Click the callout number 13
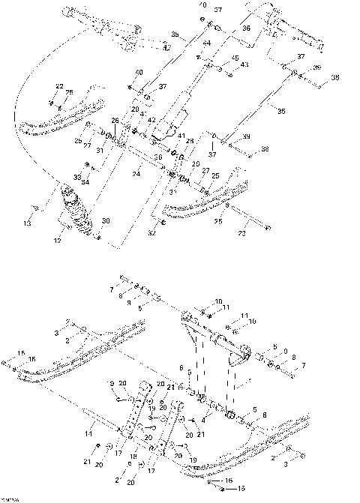(x=28, y=223)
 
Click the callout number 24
(x=136, y=174)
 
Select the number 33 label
(x=76, y=175)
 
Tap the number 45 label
(x=235, y=58)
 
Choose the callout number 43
(x=244, y=64)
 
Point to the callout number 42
(x=151, y=119)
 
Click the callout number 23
(x=241, y=234)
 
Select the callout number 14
(x=89, y=433)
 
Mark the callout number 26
(x=115, y=119)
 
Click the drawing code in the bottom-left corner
(x=10, y=498)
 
